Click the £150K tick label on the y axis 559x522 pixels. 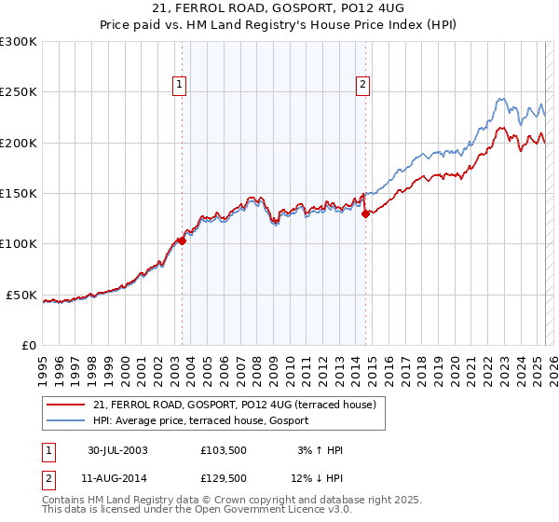pyautogui.click(x=18, y=194)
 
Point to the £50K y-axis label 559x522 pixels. pyautogui.click(x=20, y=295)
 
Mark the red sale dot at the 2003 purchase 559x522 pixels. pyautogui.click(x=183, y=240)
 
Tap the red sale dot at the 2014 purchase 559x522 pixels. pyautogui.click(x=365, y=213)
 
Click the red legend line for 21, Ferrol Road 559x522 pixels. pyautogui.click(x=65, y=405)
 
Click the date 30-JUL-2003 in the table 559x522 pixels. pyautogui.click(x=117, y=450)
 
